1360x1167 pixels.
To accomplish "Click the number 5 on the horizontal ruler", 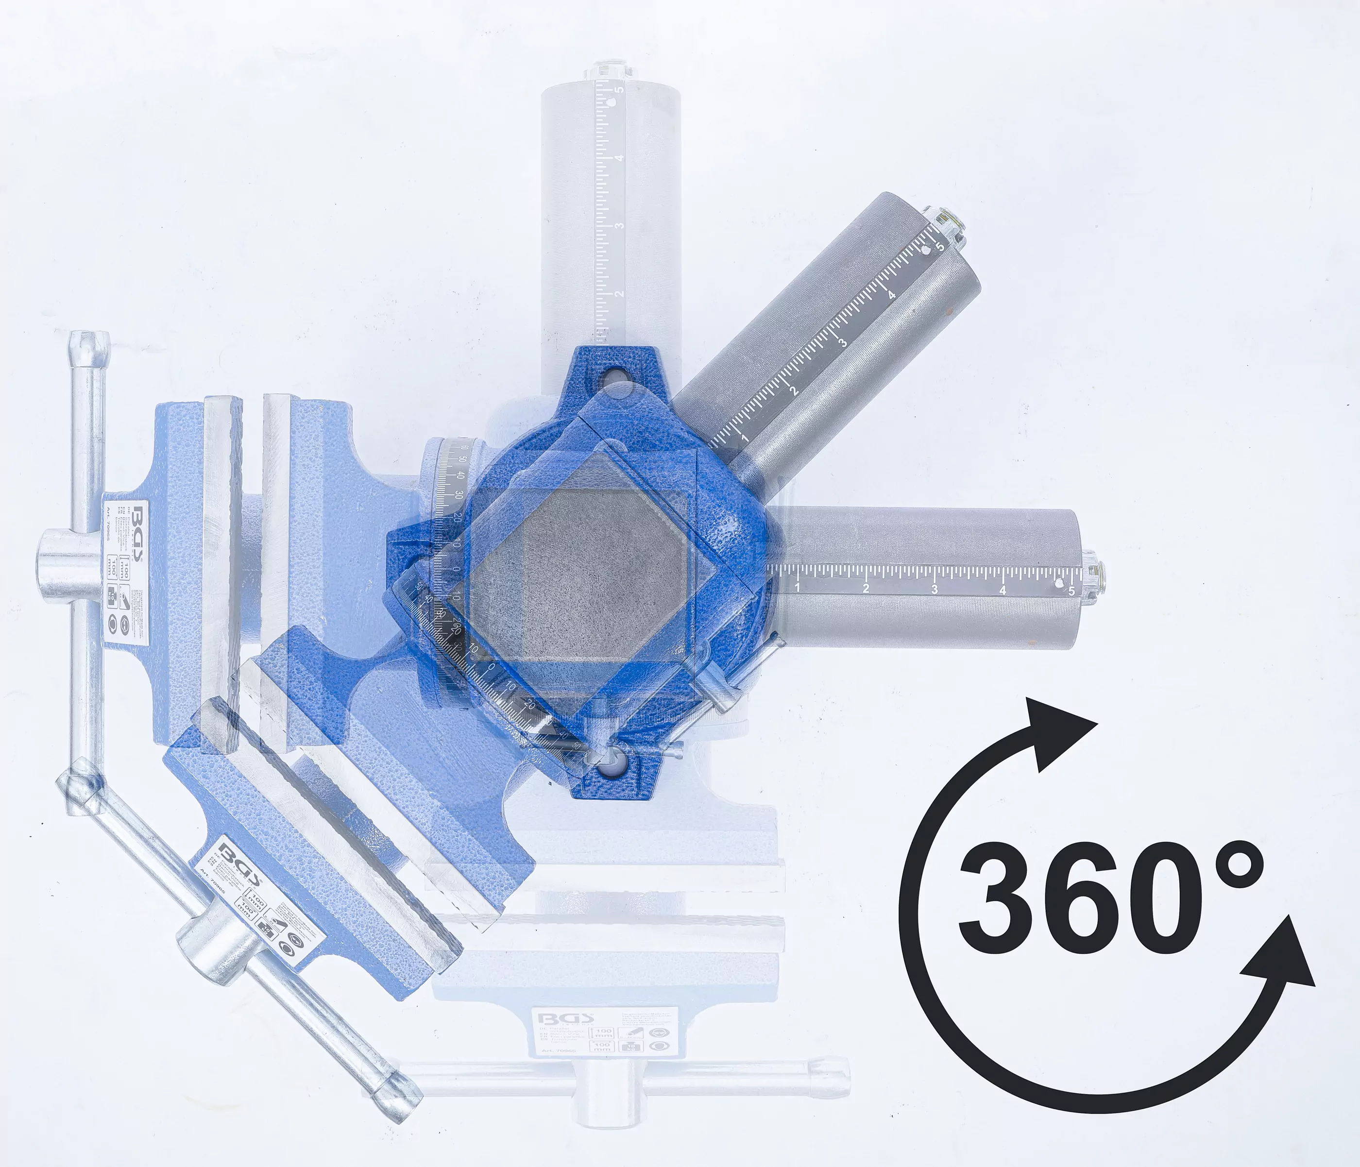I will [x=1071, y=591].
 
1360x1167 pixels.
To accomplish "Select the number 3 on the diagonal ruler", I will [x=843, y=341].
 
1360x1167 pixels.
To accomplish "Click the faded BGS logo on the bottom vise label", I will [x=566, y=1019].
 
